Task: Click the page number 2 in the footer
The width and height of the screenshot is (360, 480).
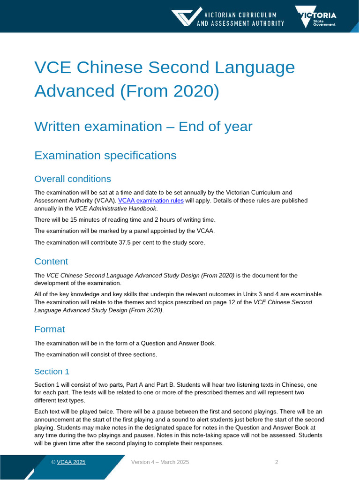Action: coord(277,462)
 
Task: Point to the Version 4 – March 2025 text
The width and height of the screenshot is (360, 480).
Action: coord(160,462)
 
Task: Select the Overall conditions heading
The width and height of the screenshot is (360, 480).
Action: coord(73,179)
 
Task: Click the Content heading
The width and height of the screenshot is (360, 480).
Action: coord(51,261)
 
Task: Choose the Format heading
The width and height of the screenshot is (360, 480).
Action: coord(50,329)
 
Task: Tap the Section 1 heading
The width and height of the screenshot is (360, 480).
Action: coord(52,371)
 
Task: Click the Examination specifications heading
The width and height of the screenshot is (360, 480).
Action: coord(105,155)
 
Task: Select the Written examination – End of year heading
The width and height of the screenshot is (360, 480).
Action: coord(143,126)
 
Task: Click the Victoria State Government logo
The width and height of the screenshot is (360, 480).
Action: coord(315,16)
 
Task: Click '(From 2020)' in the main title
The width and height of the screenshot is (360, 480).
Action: coord(169,90)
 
